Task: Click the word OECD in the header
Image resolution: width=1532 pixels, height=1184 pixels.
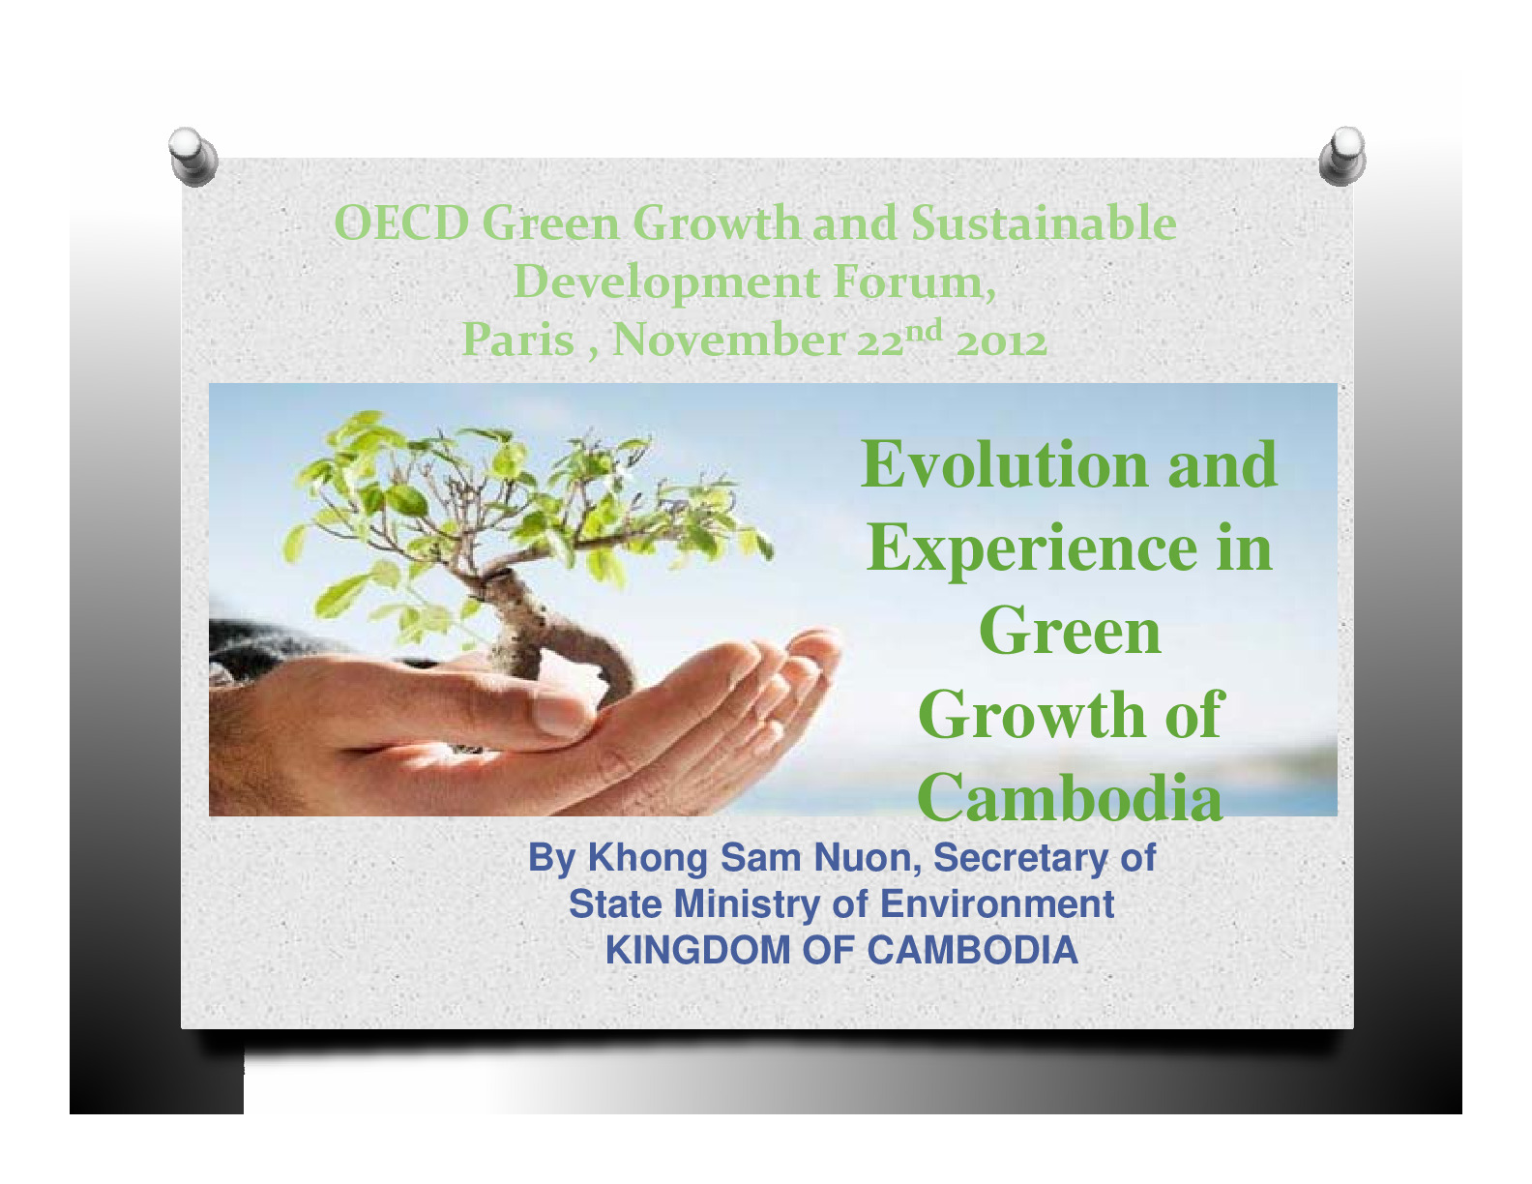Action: (401, 222)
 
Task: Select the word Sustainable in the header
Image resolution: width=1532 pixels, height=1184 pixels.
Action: (1045, 222)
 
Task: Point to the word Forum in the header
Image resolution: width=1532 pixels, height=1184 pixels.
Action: (914, 282)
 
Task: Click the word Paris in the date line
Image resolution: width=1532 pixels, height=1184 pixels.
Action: (518, 340)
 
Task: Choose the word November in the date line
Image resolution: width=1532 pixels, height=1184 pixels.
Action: (729, 340)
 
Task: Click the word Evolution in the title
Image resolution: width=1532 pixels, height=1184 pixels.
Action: (1005, 464)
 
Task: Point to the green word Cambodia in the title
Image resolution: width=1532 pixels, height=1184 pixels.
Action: (1070, 797)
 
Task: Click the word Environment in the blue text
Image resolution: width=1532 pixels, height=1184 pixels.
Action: (997, 904)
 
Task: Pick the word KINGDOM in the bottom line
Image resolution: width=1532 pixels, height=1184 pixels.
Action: (698, 950)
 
